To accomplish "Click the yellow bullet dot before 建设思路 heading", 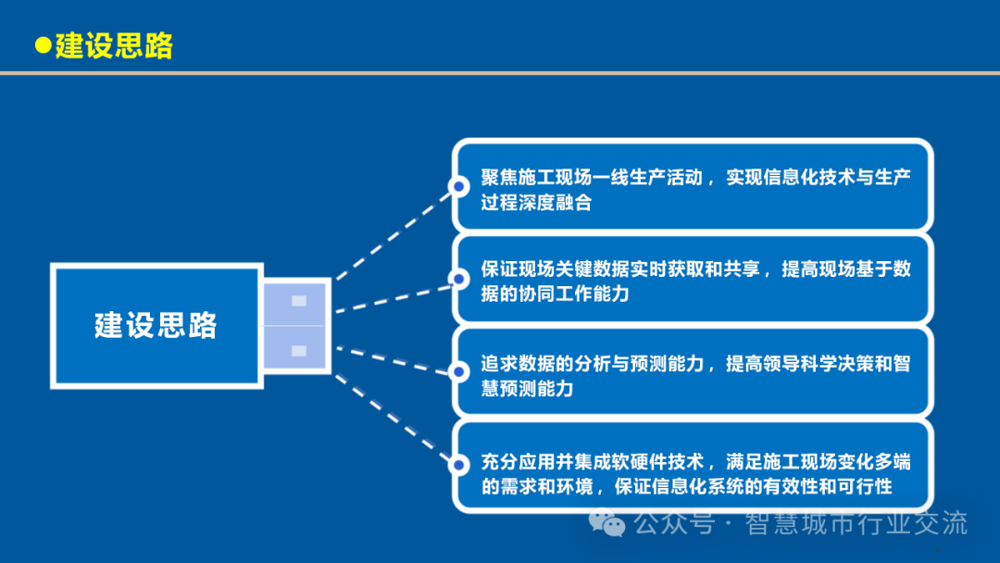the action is [x=43, y=45].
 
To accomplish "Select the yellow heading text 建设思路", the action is [x=113, y=45].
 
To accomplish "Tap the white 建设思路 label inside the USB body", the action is [x=156, y=325].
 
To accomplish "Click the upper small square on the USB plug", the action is [x=299, y=300].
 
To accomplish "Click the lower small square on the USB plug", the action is [x=299, y=350].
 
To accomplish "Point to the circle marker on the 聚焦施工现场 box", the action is [x=458, y=186].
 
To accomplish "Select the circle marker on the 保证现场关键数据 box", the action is [x=458, y=278].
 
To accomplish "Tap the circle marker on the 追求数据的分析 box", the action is [x=458, y=372].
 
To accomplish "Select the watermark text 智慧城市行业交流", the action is [x=856, y=523].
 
